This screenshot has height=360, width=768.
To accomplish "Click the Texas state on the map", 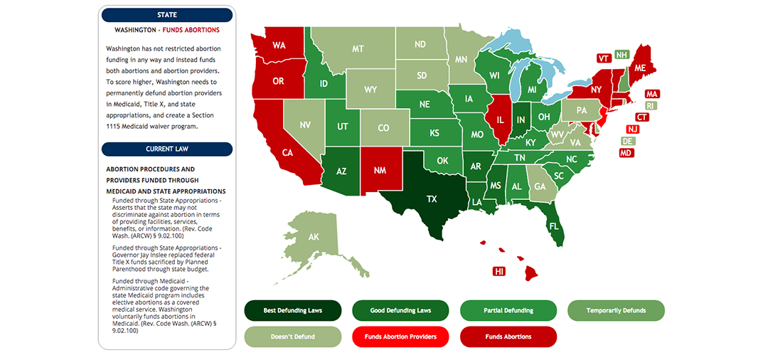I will [432, 199].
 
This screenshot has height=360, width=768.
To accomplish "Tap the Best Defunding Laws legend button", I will [292, 311].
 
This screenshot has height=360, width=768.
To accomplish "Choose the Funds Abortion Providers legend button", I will [400, 337].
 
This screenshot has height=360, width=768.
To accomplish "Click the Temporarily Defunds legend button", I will [616, 311].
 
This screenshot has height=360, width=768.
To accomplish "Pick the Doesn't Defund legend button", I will [292, 337].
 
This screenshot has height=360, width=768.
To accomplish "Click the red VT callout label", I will [604, 58].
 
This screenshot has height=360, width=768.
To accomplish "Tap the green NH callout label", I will [622, 55].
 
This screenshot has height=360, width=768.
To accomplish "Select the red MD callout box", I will [626, 153].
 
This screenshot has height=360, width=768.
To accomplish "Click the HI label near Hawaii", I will [499, 271].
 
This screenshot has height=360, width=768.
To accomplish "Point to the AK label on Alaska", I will [314, 237].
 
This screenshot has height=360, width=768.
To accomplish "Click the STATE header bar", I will [167, 15].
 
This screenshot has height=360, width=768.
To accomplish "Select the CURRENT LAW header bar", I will [167, 149].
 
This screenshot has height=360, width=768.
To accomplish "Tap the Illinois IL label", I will [501, 121].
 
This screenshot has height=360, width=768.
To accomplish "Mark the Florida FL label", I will [553, 227].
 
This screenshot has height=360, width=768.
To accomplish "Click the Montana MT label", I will [358, 49].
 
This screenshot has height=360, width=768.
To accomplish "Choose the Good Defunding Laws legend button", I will [400, 311].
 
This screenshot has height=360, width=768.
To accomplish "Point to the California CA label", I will [288, 152].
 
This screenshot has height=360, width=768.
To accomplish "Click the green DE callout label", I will [628, 141].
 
